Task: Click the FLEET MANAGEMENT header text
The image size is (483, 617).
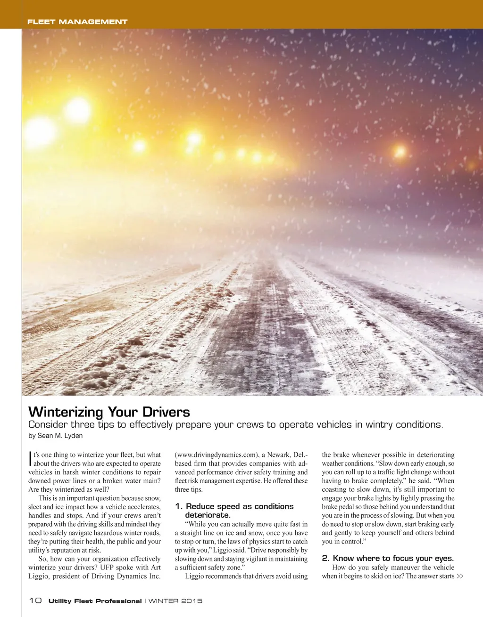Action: pyautogui.click(x=77, y=22)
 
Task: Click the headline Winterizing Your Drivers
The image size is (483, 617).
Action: pyautogui.click(x=109, y=412)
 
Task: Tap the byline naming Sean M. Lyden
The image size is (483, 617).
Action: pyautogui.click(x=56, y=436)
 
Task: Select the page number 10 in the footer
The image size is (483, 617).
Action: pyautogui.click(x=35, y=601)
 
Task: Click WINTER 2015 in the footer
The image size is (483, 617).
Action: pyautogui.click(x=175, y=601)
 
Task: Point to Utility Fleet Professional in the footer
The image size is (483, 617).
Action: pyautogui.click(x=95, y=601)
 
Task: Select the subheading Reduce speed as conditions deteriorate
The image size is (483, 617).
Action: pyautogui.click(x=234, y=511)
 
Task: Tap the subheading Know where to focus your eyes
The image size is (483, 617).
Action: pyautogui.click(x=388, y=558)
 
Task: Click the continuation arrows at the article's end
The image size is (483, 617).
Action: pyautogui.click(x=460, y=576)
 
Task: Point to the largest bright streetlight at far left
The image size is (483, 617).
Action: pyautogui.click(x=78, y=109)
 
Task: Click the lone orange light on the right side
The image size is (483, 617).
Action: pyautogui.click(x=400, y=151)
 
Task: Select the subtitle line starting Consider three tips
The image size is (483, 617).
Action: pyautogui.click(x=236, y=424)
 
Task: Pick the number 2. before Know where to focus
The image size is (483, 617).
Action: pyautogui.click(x=325, y=558)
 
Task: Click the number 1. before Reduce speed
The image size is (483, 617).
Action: pyautogui.click(x=178, y=506)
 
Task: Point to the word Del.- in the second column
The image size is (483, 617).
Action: pyautogui.click(x=301, y=455)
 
